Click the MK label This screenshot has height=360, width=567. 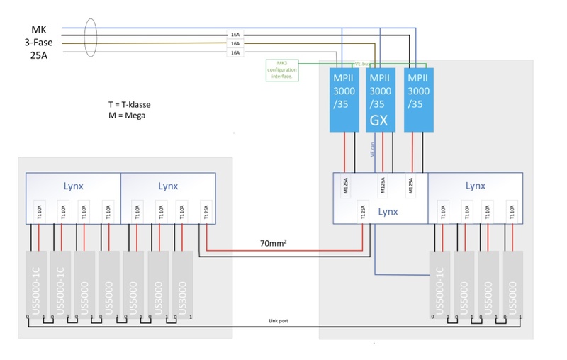pos(39,29)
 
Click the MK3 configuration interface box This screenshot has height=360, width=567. pos(281,70)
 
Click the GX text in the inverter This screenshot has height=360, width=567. pos(379,120)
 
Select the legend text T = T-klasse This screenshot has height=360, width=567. pos(129,104)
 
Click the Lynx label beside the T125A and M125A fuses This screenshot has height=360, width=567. pos(389,211)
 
